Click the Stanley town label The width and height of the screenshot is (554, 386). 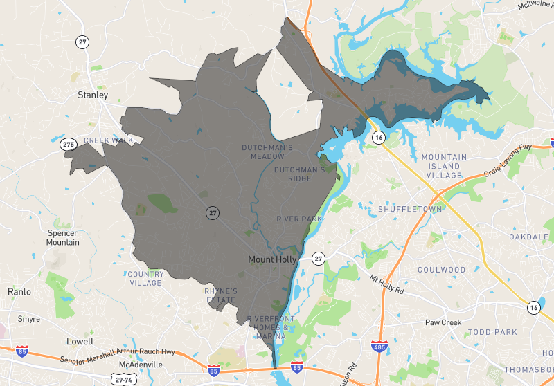(93, 95)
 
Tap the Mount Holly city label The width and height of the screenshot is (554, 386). (272, 259)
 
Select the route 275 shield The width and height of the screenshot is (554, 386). (68, 145)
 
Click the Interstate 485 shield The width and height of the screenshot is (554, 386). (378, 344)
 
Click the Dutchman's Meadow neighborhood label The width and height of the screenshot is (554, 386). (267, 152)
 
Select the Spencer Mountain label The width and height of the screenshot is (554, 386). (62, 238)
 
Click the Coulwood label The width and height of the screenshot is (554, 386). (441, 270)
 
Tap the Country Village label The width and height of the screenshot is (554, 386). (145, 278)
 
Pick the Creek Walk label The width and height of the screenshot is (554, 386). (108, 140)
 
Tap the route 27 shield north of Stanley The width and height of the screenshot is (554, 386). (82, 42)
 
